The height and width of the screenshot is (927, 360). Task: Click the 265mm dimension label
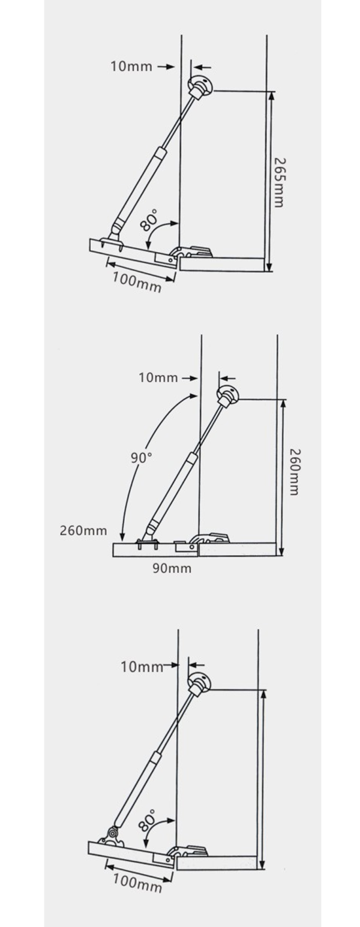click(x=278, y=182)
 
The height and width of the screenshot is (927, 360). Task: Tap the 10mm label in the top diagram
click(x=131, y=66)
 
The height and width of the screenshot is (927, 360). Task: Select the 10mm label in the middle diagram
click(x=158, y=377)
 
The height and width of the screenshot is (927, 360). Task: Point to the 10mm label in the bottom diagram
click(x=142, y=667)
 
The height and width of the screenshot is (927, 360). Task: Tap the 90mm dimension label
click(x=172, y=568)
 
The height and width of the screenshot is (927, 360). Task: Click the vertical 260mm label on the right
click(x=292, y=471)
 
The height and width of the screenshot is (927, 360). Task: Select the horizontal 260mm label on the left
click(x=83, y=530)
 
